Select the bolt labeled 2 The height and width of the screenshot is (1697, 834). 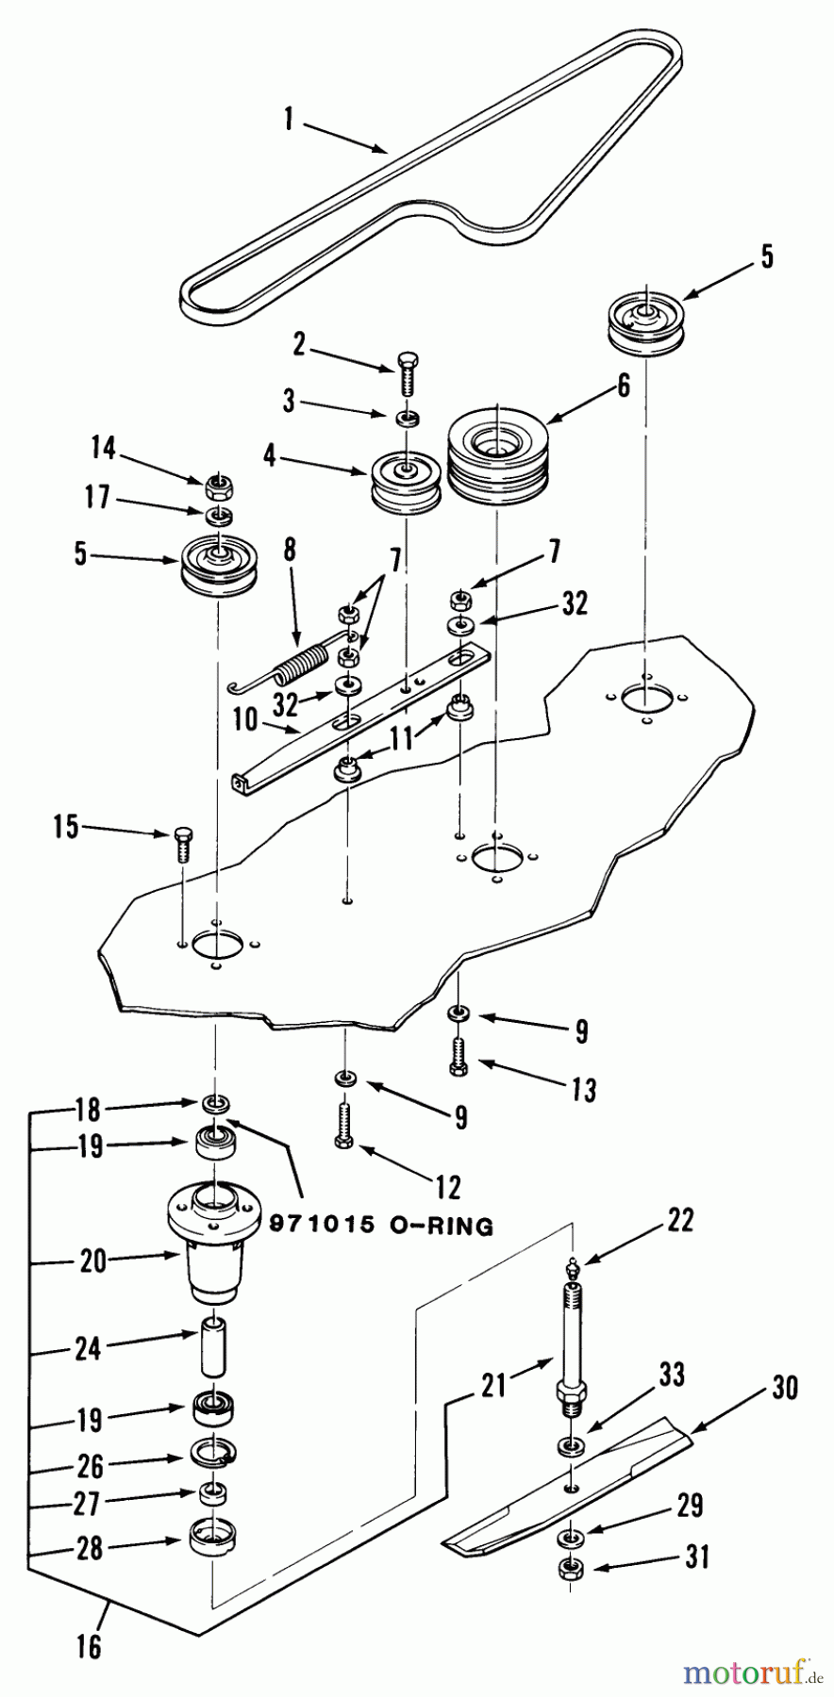pyautogui.click(x=408, y=377)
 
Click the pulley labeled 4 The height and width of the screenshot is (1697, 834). pyautogui.click(x=406, y=481)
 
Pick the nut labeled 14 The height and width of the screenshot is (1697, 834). pyautogui.click(x=219, y=487)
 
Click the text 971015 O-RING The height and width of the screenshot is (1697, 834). pyautogui.click(x=381, y=1226)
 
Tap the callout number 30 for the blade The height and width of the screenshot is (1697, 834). pyautogui.click(x=784, y=1388)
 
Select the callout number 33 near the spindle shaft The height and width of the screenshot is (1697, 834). pyautogui.click(x=672, y=1375)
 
